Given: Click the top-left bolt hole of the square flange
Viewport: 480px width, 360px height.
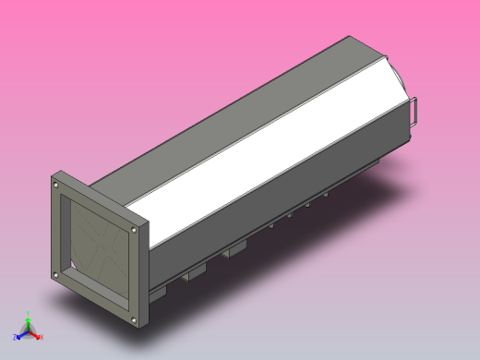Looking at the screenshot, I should (x=56, y=186).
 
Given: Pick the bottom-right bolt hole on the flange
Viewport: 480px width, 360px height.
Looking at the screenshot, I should (x=135, y=319).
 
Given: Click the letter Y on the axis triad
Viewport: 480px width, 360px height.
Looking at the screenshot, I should (x=28, y=314).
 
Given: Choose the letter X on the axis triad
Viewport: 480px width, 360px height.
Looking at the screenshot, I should (x=42, y=338).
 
